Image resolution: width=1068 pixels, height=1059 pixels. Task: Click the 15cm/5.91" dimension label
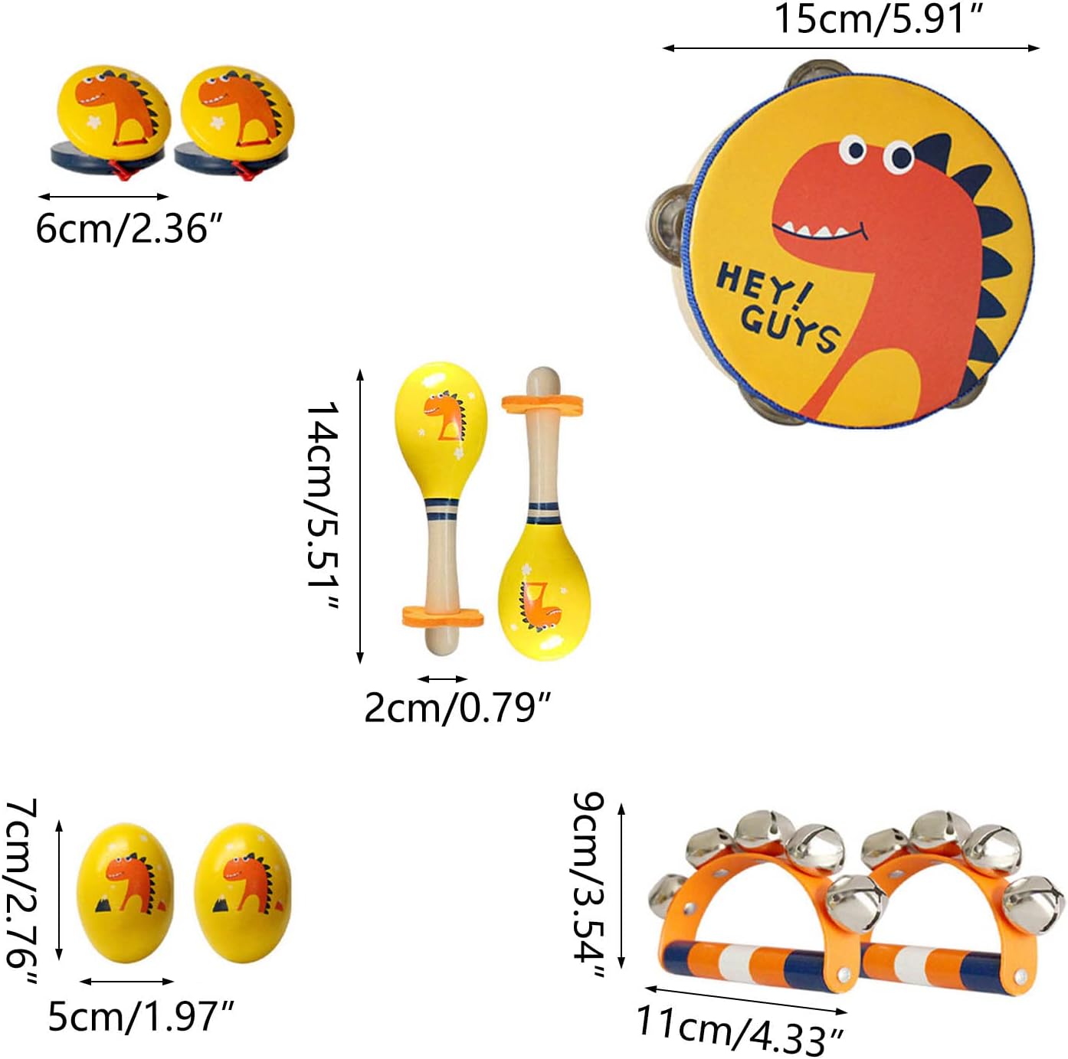point(879,18)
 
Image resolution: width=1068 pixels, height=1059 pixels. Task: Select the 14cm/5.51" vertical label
point(323,507)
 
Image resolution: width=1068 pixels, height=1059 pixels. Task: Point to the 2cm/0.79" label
point(457,707)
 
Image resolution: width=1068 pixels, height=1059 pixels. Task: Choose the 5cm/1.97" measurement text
point(140,1016)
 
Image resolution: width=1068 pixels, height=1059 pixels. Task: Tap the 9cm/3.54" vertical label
point(589,885)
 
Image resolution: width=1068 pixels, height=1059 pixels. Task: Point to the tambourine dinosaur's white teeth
point(812,230)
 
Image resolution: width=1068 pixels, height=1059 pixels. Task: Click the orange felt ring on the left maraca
point(443,616)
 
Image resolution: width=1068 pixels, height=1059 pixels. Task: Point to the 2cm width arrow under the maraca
point(442,678)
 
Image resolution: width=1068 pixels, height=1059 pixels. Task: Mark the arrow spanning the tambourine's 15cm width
point(850,48)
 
